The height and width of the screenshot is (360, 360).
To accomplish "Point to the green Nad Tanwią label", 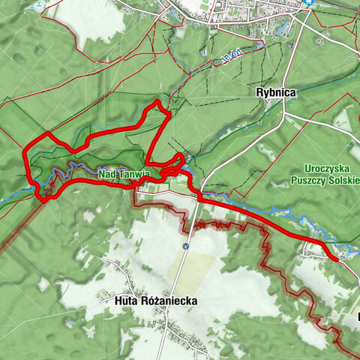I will point(124,175).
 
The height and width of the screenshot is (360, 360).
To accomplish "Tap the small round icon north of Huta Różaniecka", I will point(184,246).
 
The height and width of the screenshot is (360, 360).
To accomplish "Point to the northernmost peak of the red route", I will point(157,101).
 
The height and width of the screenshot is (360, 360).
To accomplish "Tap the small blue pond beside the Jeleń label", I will point(259,46).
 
